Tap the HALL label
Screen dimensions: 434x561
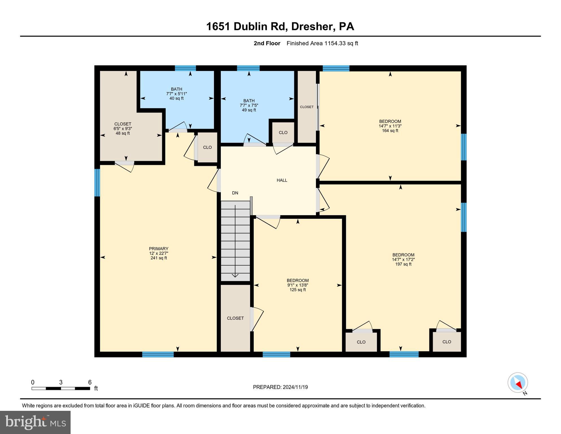pyautogui.click(x=282, y=180)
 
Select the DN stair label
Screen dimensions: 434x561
pyautogui.click(x=235, y=193)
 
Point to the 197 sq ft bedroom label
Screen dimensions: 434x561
pyautogui.click(x=403, y=259)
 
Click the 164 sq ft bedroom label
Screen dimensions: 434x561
pyautogui.click(x=390, y=126)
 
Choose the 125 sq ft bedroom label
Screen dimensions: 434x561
pyautogui.click(x=298, y=285)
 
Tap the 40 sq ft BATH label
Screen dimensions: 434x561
pyautogui.click(x=176, y=94)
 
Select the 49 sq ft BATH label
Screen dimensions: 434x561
pyautogui.click(x=249, y=105)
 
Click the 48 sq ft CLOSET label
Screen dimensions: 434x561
pyautogui.click(x=123, y=129)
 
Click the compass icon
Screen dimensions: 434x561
pyautogui.click(x=518, y=383)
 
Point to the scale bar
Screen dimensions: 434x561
pyautogui.click(x=61, y=388)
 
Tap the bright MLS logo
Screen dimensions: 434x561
pyautogui.click(x=35, y=422)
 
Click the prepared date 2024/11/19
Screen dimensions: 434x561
pyautogui.click(x=280, y=387)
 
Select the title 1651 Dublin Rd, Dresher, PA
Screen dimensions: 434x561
pyautogui.click(x=280, y=27)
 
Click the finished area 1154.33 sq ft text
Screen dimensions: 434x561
pyautogui.click(x=322, y=43)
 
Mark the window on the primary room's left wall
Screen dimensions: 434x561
pyautogui.click(x=97, y=183)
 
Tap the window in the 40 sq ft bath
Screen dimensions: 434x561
pyautogui.click(x=185, y=68)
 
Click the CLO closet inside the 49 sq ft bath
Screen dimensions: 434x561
pyautogui.click(x=283, y=133)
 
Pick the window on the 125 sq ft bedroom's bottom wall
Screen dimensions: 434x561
pyautogui.click(x=276, y=354)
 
